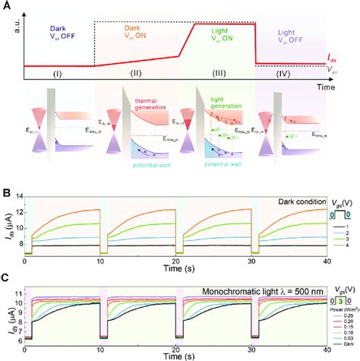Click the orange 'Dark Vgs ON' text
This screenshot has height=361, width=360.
click(x=137, y=35)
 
